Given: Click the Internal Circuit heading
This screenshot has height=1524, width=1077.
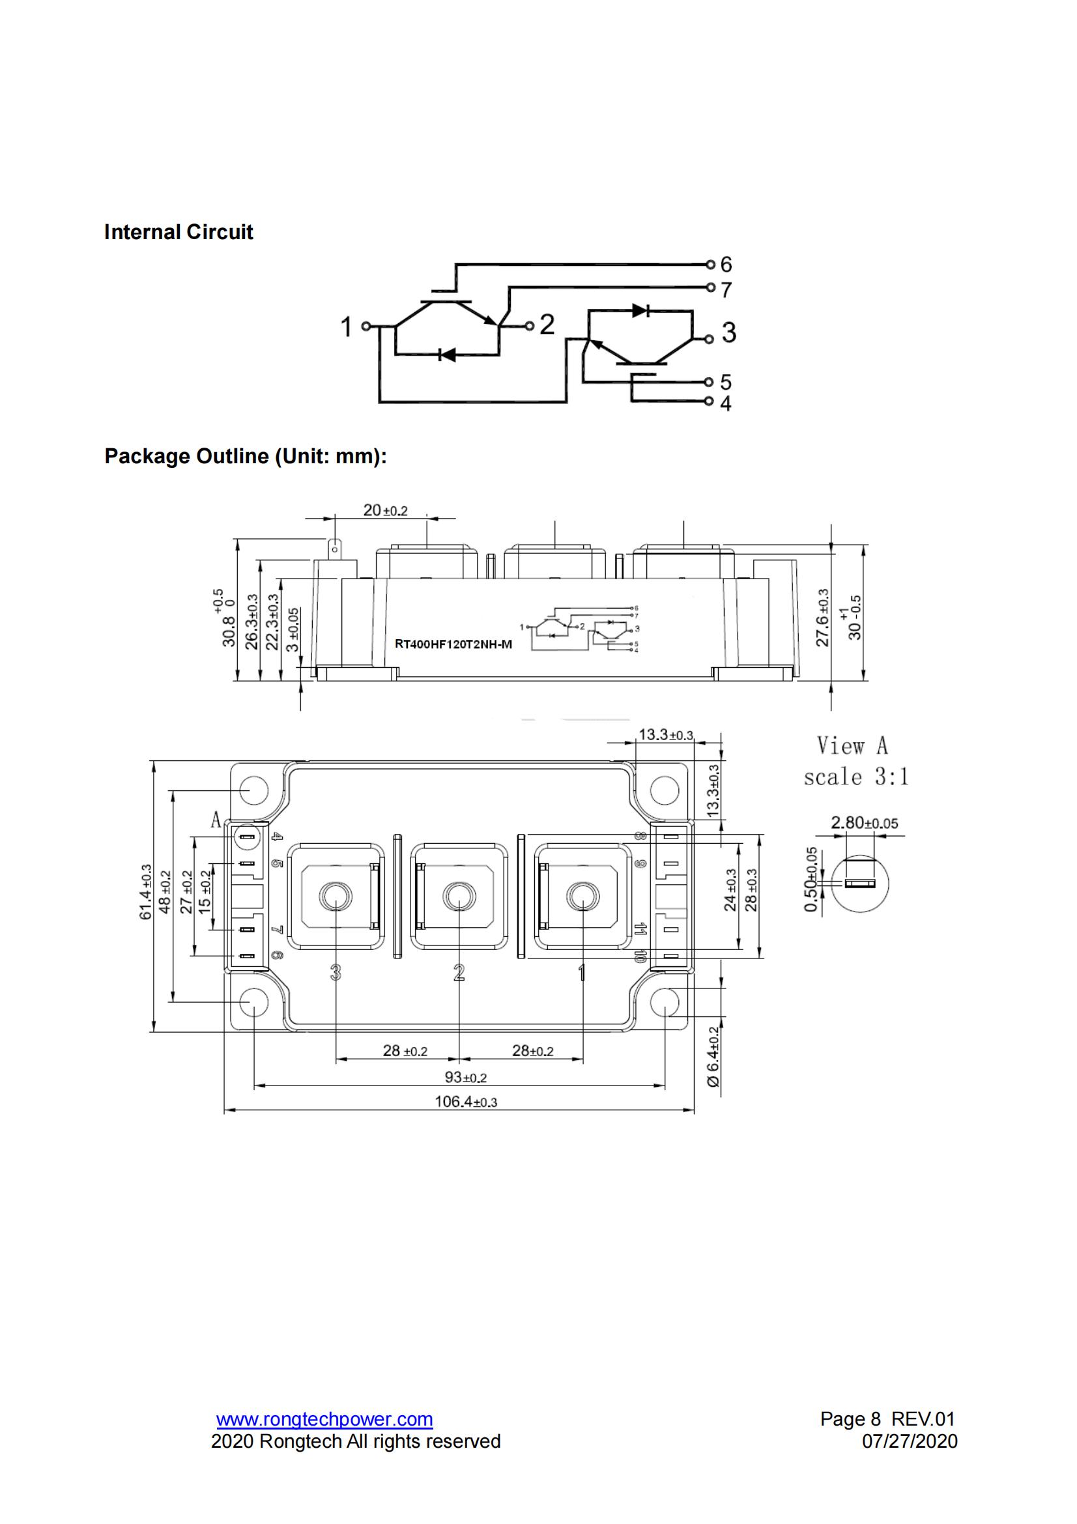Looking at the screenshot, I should coord(178,232).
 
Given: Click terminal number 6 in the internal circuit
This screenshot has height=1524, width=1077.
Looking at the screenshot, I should coord(726,264).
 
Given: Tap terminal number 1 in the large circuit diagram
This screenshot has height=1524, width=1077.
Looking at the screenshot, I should coord(346,326).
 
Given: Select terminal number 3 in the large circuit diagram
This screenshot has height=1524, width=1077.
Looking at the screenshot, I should coord(728,332).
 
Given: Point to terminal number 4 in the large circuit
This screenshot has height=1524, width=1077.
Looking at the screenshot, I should coord(725,403).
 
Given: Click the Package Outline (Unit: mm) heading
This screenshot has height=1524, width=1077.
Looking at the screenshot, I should coord(245,456).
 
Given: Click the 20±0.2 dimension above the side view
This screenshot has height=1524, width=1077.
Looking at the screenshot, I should coord(385,510).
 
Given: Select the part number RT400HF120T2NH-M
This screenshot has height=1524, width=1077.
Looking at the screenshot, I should coord(453,644).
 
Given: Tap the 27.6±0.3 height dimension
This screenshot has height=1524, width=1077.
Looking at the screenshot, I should coord(822,617).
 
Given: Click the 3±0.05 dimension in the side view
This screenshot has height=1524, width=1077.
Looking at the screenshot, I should coord(293,629).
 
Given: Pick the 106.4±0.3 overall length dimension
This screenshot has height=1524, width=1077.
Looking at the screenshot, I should coord(465,1102).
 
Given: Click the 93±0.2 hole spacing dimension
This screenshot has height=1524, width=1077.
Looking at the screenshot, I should coord(465,1076).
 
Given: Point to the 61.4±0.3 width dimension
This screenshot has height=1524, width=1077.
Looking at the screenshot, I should coord(145,891).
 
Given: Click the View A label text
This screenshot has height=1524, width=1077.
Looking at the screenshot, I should coord(852,746).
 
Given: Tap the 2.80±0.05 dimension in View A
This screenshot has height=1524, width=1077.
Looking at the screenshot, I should coord(864,823).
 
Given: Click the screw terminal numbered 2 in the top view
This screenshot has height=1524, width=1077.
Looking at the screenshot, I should coord(458,896).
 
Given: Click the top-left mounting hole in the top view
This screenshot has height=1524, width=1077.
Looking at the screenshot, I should coord(253,790).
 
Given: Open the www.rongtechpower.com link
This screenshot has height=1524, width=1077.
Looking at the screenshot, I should coord(324,1419).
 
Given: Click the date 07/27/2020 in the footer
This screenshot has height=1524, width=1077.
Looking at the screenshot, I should coord(909,1441).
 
